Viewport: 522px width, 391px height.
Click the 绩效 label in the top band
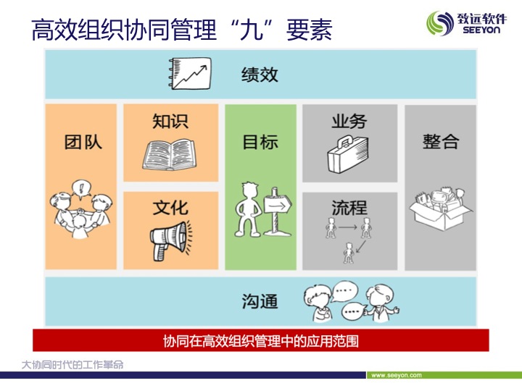(x=260, y=74)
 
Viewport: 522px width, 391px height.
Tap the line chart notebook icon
(x=190, y=73)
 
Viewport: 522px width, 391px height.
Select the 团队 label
(x=83, y=142)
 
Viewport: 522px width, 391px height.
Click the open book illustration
(x=170, y=154)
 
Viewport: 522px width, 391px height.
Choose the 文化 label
(x=170, y=208)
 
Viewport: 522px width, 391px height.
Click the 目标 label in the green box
(x=260, y=142)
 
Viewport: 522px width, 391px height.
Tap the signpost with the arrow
(x=277, y=211)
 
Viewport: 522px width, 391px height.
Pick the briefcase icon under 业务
(x=347, y=154)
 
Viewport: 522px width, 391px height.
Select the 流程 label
(x=349, y=208)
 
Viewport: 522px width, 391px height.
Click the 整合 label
(x=441, y=142)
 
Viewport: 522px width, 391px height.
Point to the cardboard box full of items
(x=440, y=209)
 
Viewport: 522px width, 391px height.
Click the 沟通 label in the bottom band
(x=260, y=301)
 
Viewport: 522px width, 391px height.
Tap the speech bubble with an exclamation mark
(x=81, y=190)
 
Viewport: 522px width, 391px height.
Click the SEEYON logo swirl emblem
(x=440, y=22)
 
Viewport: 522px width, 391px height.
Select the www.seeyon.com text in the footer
(x=397, y=375)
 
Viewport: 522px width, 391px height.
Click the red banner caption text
(x=261, y=341)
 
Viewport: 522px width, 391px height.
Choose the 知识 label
(x=170, y=121)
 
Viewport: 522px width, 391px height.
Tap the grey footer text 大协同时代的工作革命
(x=72, y=365)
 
